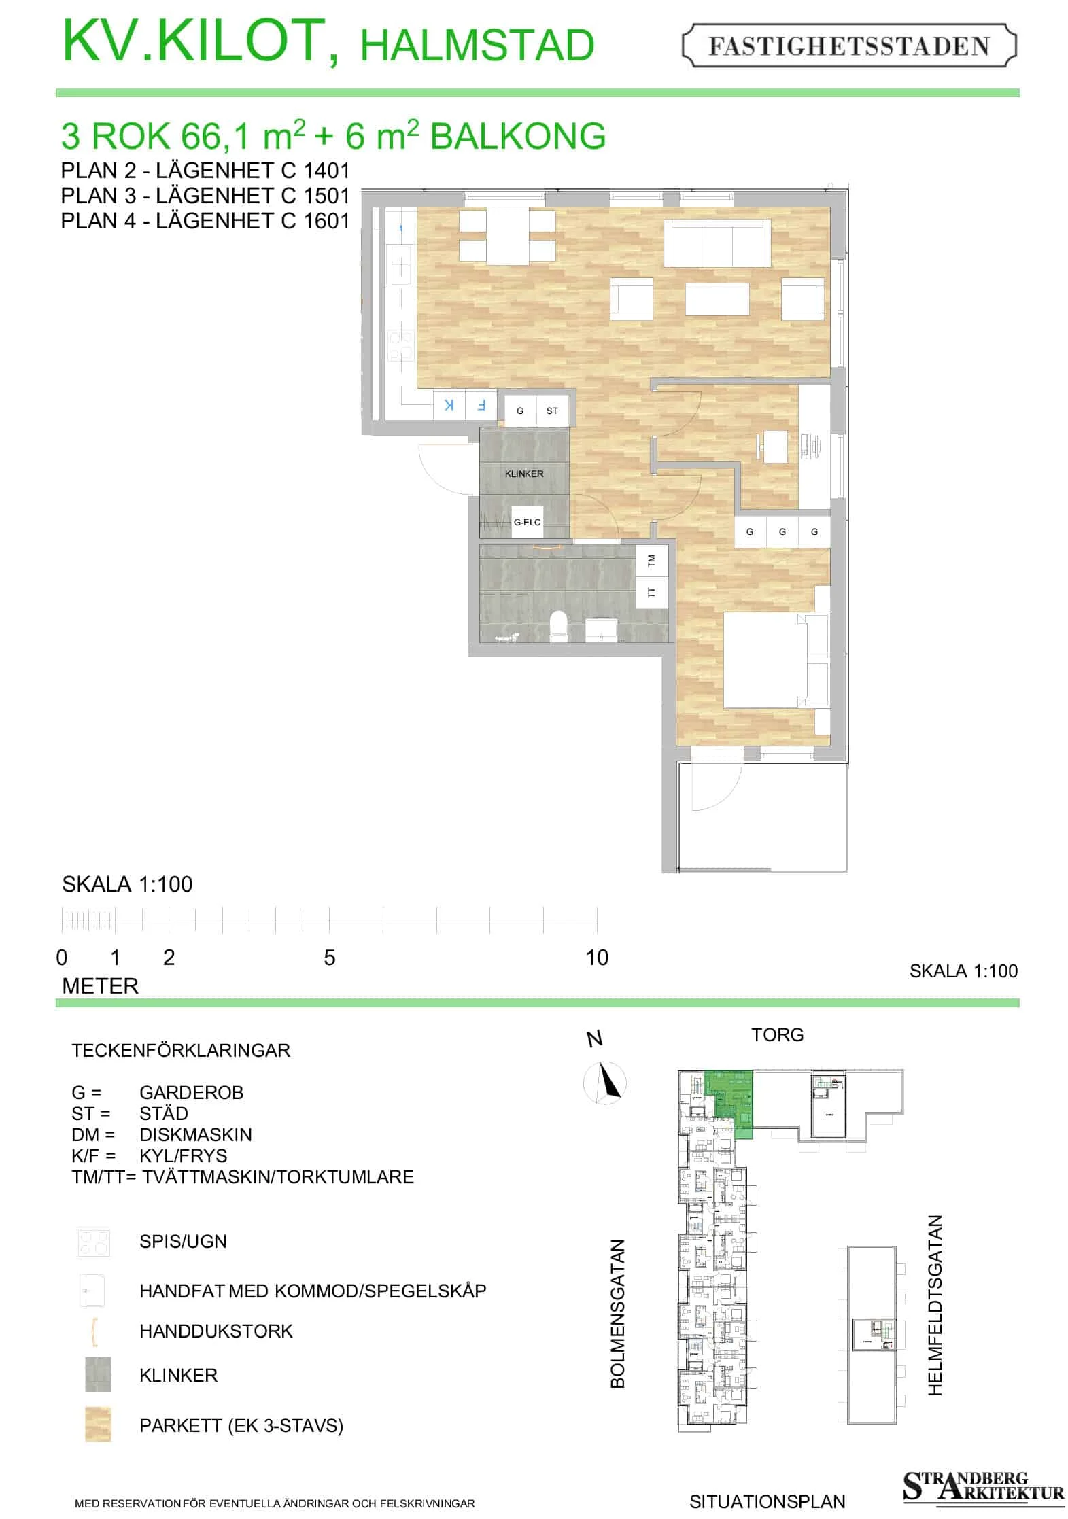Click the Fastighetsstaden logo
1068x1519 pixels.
click(x=849, y=46)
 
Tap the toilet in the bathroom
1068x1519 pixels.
click(x=558, y=625)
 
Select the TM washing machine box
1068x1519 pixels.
click(x=652, y=561)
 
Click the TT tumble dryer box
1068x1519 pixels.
click(x=652, y=592)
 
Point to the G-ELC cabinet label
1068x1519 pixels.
click(x=528, y=522)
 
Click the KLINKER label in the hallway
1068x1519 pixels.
click(x=523, y=474)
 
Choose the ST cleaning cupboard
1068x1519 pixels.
click(x=552, y=411)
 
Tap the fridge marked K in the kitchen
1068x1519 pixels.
click(x=449, y=405)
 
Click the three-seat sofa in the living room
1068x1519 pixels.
click(x=717, y=243)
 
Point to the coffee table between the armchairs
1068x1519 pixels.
click(x=717, y=299)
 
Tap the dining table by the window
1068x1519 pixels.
click(x=508, y=237)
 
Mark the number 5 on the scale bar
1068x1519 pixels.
click(x=330, y=958)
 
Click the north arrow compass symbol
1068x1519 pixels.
click(x=605, y=1082)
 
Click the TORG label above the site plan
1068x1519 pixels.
click(x=777, y=1034)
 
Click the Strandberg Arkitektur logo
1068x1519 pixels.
click(x=982, y=1486)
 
